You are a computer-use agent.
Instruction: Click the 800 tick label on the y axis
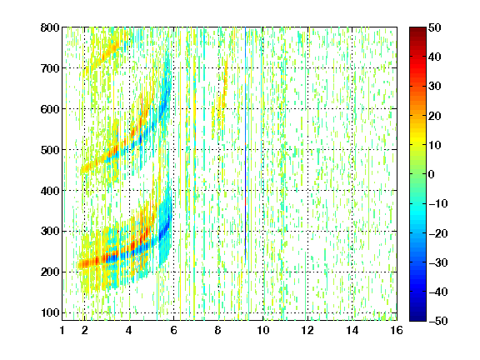50,27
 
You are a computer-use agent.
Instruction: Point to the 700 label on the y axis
50,68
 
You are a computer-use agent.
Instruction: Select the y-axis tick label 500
50,150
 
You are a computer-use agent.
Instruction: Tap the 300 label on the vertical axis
50,232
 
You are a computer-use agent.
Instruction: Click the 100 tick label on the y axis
50,312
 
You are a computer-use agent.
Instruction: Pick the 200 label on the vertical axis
50,272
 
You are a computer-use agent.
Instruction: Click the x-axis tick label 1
62,330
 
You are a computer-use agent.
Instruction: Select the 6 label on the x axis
173,330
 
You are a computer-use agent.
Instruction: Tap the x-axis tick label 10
263,330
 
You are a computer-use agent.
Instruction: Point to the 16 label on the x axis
397,330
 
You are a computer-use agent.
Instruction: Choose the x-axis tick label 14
352,330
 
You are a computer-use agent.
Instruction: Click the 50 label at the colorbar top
435,27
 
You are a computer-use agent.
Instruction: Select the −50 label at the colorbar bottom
438,321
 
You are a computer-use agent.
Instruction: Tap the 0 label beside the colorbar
432,174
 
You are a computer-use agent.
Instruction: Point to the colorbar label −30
438,262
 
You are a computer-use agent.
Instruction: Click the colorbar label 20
435,116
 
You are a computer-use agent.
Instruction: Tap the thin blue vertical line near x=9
246,144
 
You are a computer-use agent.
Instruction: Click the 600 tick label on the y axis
50,109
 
